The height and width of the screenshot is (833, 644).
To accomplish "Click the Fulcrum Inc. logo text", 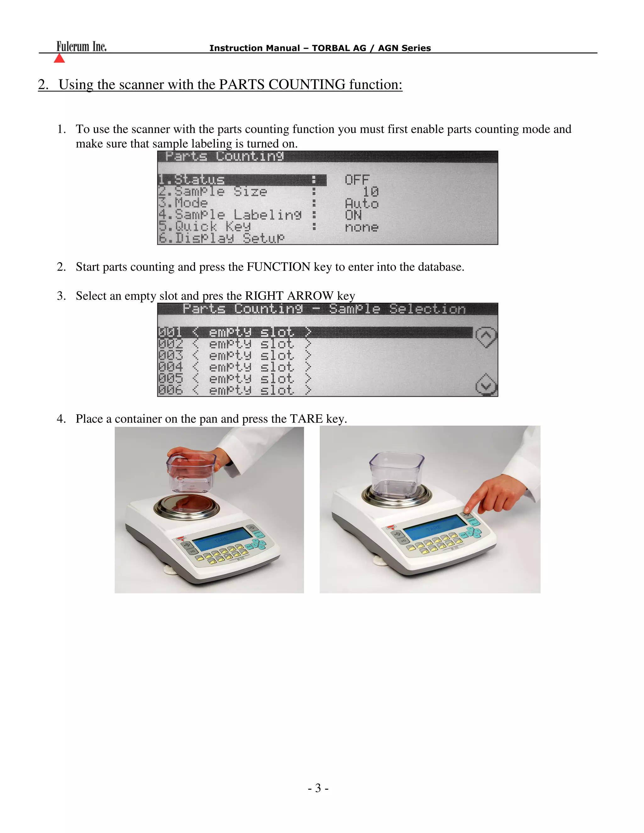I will point(81,47).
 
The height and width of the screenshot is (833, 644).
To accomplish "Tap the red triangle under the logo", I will point(59,58).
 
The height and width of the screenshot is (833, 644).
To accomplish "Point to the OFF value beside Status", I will point(357,179).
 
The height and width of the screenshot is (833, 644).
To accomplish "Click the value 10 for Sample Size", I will point(370,191).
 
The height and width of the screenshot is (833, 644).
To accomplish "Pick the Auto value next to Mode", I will point(361,203).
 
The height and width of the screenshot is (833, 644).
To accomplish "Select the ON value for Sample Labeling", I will point(353,215).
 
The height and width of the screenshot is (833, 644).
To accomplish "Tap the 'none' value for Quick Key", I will point(361,227).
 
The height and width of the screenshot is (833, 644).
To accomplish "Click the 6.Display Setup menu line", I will point(221,238).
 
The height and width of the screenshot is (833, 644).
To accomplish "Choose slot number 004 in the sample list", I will point(170,367).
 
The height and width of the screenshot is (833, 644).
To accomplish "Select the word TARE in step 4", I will point(306,419).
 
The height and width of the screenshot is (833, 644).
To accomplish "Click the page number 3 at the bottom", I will point(318,788).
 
